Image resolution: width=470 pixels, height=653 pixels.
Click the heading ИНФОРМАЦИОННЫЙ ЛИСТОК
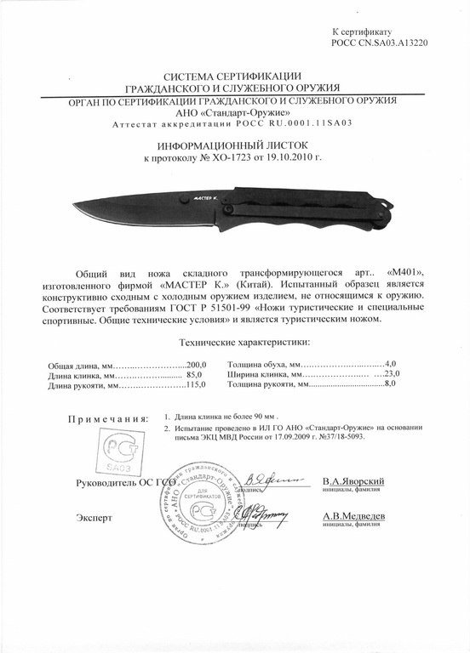(234, 145)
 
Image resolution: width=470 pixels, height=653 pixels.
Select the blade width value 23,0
(392, 374)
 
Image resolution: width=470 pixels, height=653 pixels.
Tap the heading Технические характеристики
(244, 342)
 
